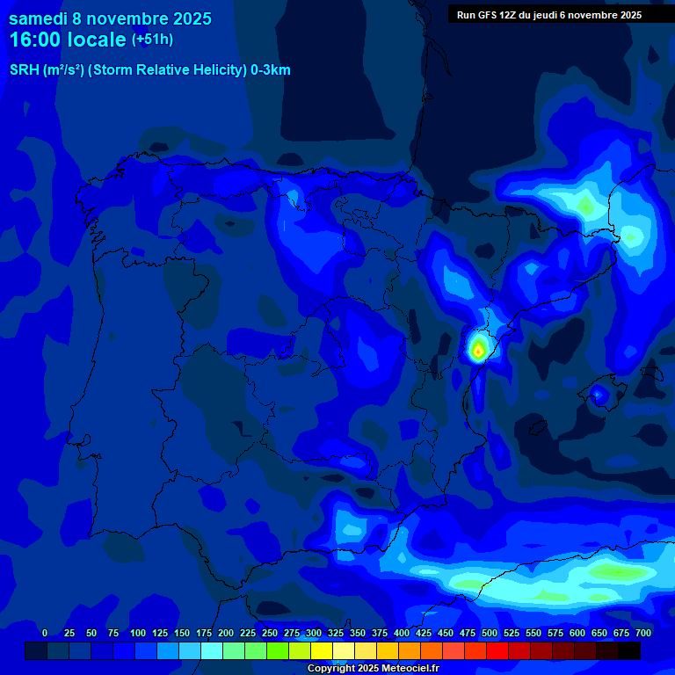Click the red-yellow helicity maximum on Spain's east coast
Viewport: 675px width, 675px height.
coord(477,350)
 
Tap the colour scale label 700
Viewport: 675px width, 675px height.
coord(642,633)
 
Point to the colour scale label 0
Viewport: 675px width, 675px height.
coord(45,633)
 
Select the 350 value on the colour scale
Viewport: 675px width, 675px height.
coord(358,633)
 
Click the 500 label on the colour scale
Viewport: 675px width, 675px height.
coord(490,633)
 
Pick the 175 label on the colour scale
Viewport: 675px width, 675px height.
coord(204,633)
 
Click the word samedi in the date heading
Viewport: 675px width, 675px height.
coord(43,19)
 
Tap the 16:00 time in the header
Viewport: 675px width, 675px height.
coord(36,40)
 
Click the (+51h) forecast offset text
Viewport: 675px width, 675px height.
coord(152,40)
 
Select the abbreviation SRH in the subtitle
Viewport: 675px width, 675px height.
coord(24,70)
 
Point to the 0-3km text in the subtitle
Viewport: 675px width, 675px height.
coord(270,70)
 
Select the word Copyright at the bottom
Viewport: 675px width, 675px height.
coord(331,668)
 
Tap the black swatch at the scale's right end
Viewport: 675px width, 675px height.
coord(628,651)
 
